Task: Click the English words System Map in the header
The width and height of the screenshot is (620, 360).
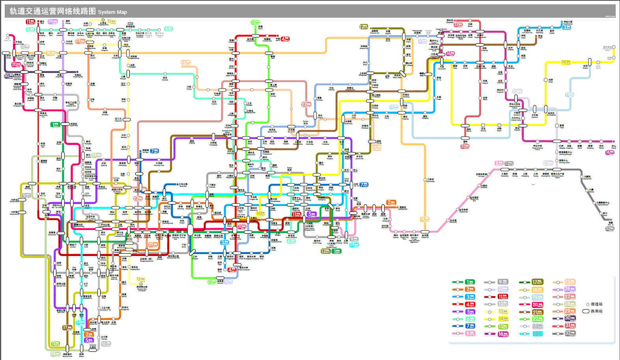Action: pyautogui.click(x=112, y=12)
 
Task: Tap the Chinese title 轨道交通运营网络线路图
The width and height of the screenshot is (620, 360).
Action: pyautogui.click(x=52, y=11)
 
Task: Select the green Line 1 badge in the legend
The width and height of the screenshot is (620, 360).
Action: pyautogui.click(x=470, y=282)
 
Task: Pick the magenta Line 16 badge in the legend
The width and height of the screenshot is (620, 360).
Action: pyautogui.click(x=503, y=334)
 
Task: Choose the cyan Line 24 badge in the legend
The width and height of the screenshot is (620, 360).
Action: pyautogui.click(x=537, y=334)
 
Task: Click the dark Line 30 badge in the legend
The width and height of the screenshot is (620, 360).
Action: pyautogui.click(x=570, y=318)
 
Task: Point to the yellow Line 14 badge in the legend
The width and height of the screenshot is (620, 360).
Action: pyautogui.click(x=503, y=319)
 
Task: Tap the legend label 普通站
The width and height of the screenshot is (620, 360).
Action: pyautogui.click(x=596, y=304)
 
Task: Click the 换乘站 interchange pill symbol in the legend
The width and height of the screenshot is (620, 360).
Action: pyautogui.click(x=586, y=311)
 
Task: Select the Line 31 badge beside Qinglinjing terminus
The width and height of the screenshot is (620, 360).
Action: pyautogui.click(x=458, y=25)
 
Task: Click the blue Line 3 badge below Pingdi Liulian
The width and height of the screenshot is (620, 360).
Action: pyautogui.click(x=567, y=27)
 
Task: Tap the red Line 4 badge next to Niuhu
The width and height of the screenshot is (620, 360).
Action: pyautogui.click(x=285, y=39)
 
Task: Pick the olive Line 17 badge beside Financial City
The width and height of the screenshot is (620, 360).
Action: pyautogui.click(x=363, y=27)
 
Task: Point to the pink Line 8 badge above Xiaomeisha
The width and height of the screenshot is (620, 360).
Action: pyautogui.click(x=499, y=163)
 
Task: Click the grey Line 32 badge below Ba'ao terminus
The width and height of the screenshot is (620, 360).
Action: pyautogui.click(x=609, y=228)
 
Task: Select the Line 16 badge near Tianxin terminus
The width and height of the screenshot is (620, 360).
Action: pyautogui.click(x=609, y=152)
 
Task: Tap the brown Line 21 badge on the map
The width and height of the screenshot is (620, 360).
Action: pyautogui.click(x=67, y=327)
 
